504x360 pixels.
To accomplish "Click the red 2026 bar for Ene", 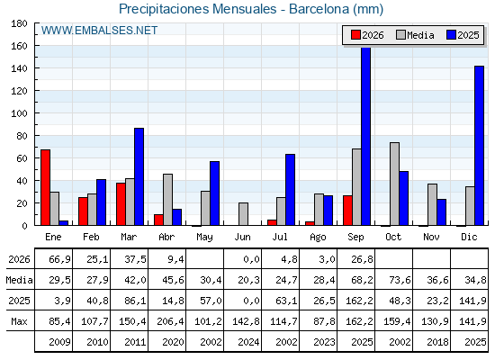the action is (x=45, y=187).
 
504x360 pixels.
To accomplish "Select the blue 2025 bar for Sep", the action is (x=365, y=136).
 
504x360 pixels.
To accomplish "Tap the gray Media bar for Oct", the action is (x=394, y=184).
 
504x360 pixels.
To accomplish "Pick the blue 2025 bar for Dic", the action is (x=479, y=146).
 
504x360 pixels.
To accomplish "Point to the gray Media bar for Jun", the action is (x=243, y=214).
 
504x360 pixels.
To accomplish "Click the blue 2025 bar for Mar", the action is (x=139, y=176).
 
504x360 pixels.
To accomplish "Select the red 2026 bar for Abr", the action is (x=158, y=220).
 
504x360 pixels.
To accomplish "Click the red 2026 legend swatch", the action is (x=355, y=35).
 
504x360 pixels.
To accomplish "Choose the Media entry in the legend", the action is (x=415, y=35).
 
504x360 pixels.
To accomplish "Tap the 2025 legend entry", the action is (x=463, y=35).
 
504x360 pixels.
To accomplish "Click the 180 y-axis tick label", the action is (x=19, y=23).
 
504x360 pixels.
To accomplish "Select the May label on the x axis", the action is (x=205, y=238).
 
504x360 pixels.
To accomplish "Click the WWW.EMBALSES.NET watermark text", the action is (x=99, y=31).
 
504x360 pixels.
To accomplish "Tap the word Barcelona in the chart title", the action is (x=319, y=9).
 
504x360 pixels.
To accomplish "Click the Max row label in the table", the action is (x=19, y=321).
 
